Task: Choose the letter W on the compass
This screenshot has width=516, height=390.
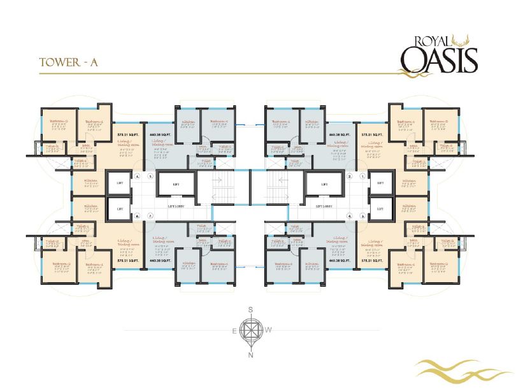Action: point(269,330)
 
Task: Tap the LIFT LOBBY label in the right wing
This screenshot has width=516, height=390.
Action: point(326,207)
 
